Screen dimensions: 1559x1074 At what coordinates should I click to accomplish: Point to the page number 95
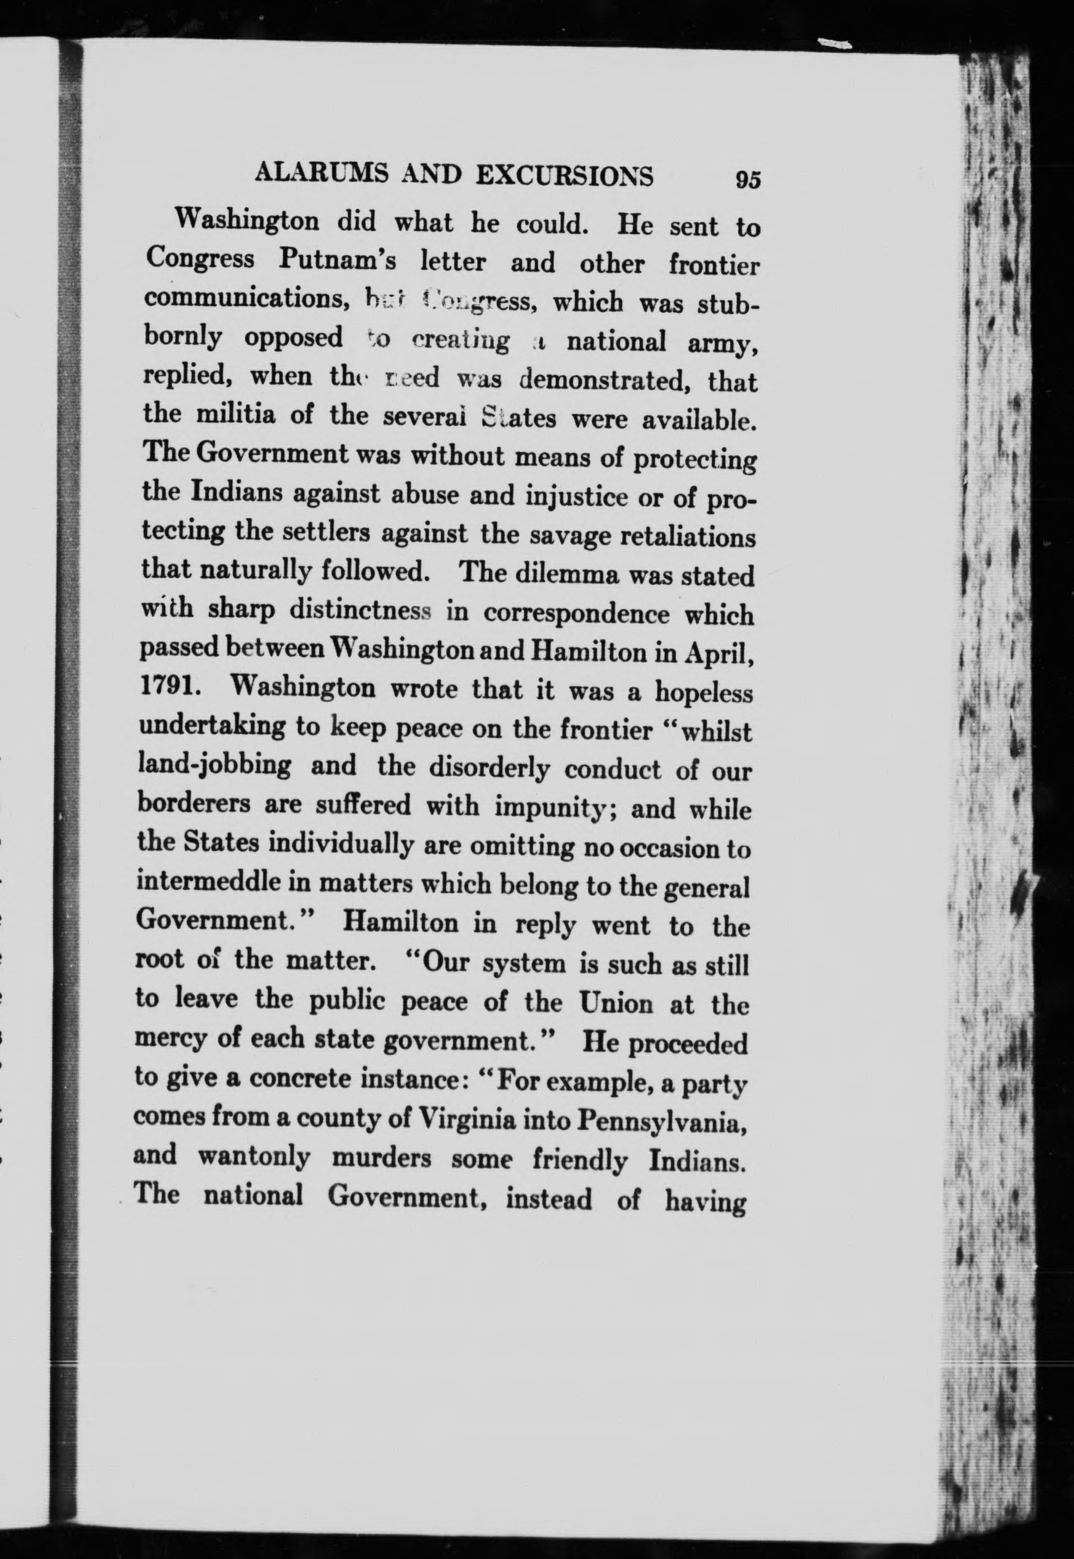point(748,180)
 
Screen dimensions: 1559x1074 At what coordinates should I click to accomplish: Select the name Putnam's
point(337,261)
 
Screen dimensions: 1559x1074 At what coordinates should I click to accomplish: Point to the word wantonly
point(254,1158)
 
